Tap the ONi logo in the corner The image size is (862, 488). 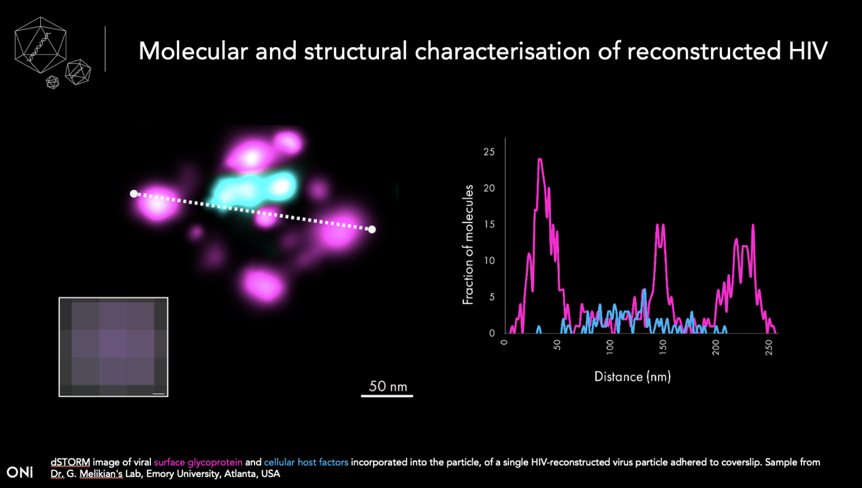tap(20, 472)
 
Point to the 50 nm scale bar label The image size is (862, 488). tap(388, 387)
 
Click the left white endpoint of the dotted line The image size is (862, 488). tap(134, 194)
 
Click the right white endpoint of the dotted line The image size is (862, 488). tap(371, 229)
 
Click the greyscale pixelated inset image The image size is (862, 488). tap(113, 346)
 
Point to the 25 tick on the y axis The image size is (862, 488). tap(489, 152)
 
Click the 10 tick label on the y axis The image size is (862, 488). tap(489, 261)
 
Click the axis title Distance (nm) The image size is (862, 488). tap(632, 376)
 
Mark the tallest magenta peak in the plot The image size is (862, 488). tap(540, 160)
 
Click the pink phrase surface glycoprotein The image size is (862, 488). tap(199, 462)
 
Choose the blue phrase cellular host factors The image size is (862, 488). tap(306, 462)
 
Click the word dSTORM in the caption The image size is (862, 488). tap(70, 462)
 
